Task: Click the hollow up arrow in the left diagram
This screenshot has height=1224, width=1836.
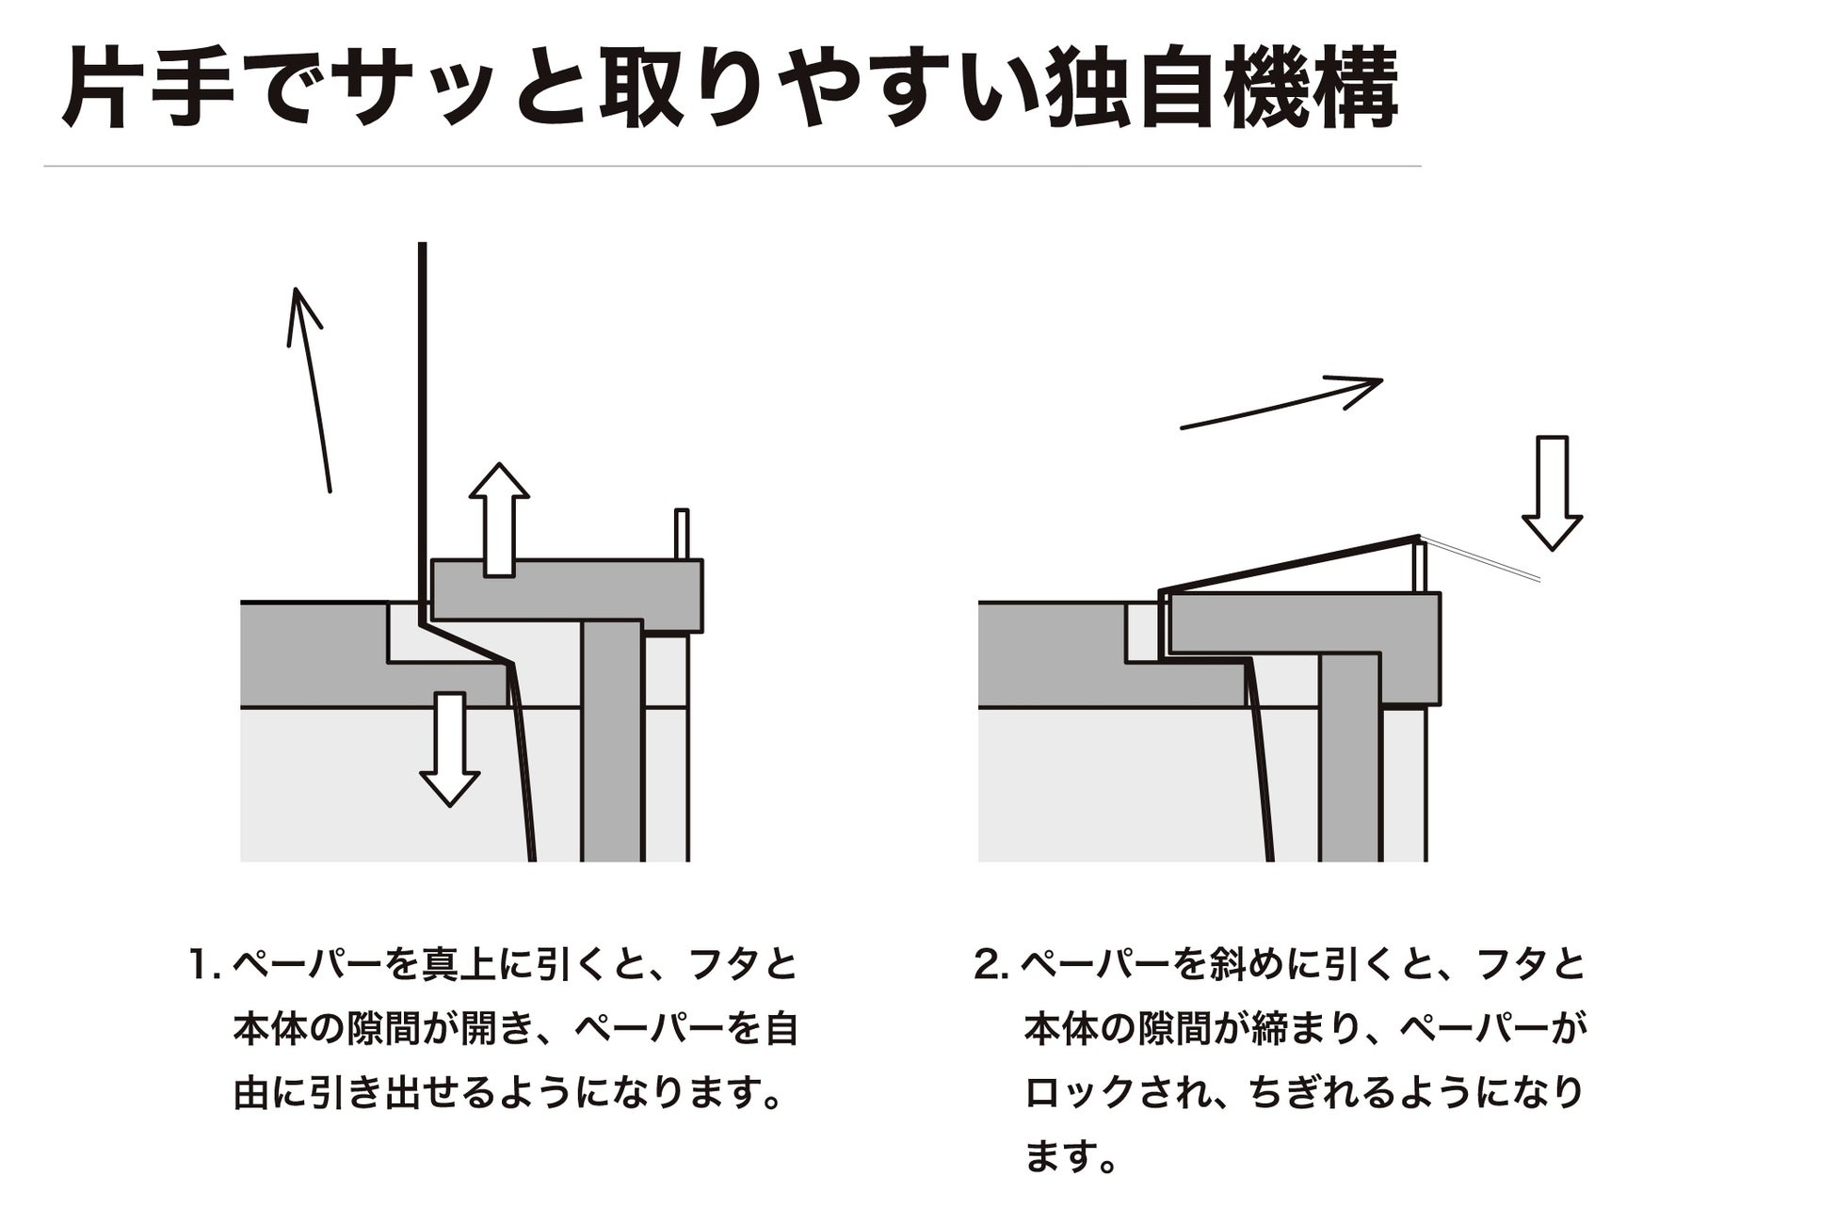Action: click(x=499, y=519)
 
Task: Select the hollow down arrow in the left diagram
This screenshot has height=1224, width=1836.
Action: click(x=450, y=749)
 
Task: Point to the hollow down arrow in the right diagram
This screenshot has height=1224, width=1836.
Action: click(x=1552, y=492)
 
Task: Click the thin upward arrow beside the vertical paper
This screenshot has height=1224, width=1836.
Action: click(x=309, y=390)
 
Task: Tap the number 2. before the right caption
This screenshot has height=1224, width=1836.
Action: click(x=991, y=965)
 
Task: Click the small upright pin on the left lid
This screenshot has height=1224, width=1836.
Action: click(x=682, y=535)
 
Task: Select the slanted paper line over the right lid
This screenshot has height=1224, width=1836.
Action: click(x=1290, y=564)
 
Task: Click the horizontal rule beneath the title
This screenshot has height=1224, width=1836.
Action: click(x=733, y=167)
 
